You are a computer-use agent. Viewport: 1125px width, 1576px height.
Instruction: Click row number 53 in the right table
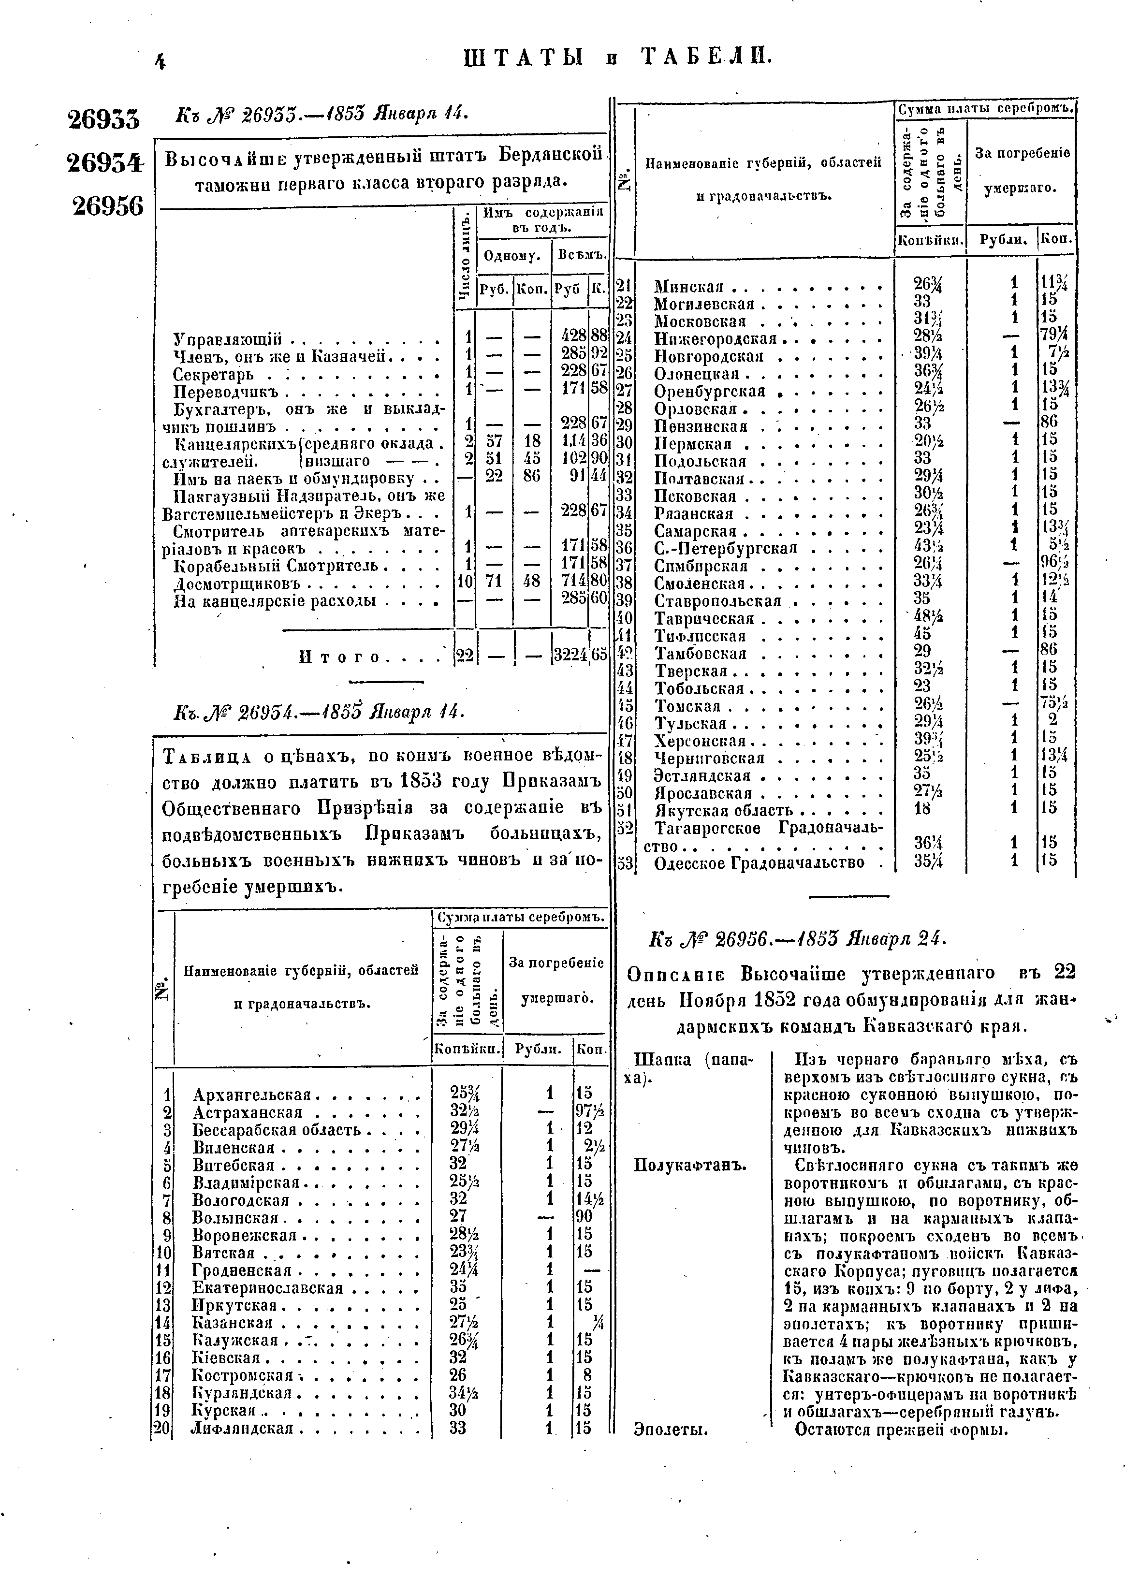click(626, 863)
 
